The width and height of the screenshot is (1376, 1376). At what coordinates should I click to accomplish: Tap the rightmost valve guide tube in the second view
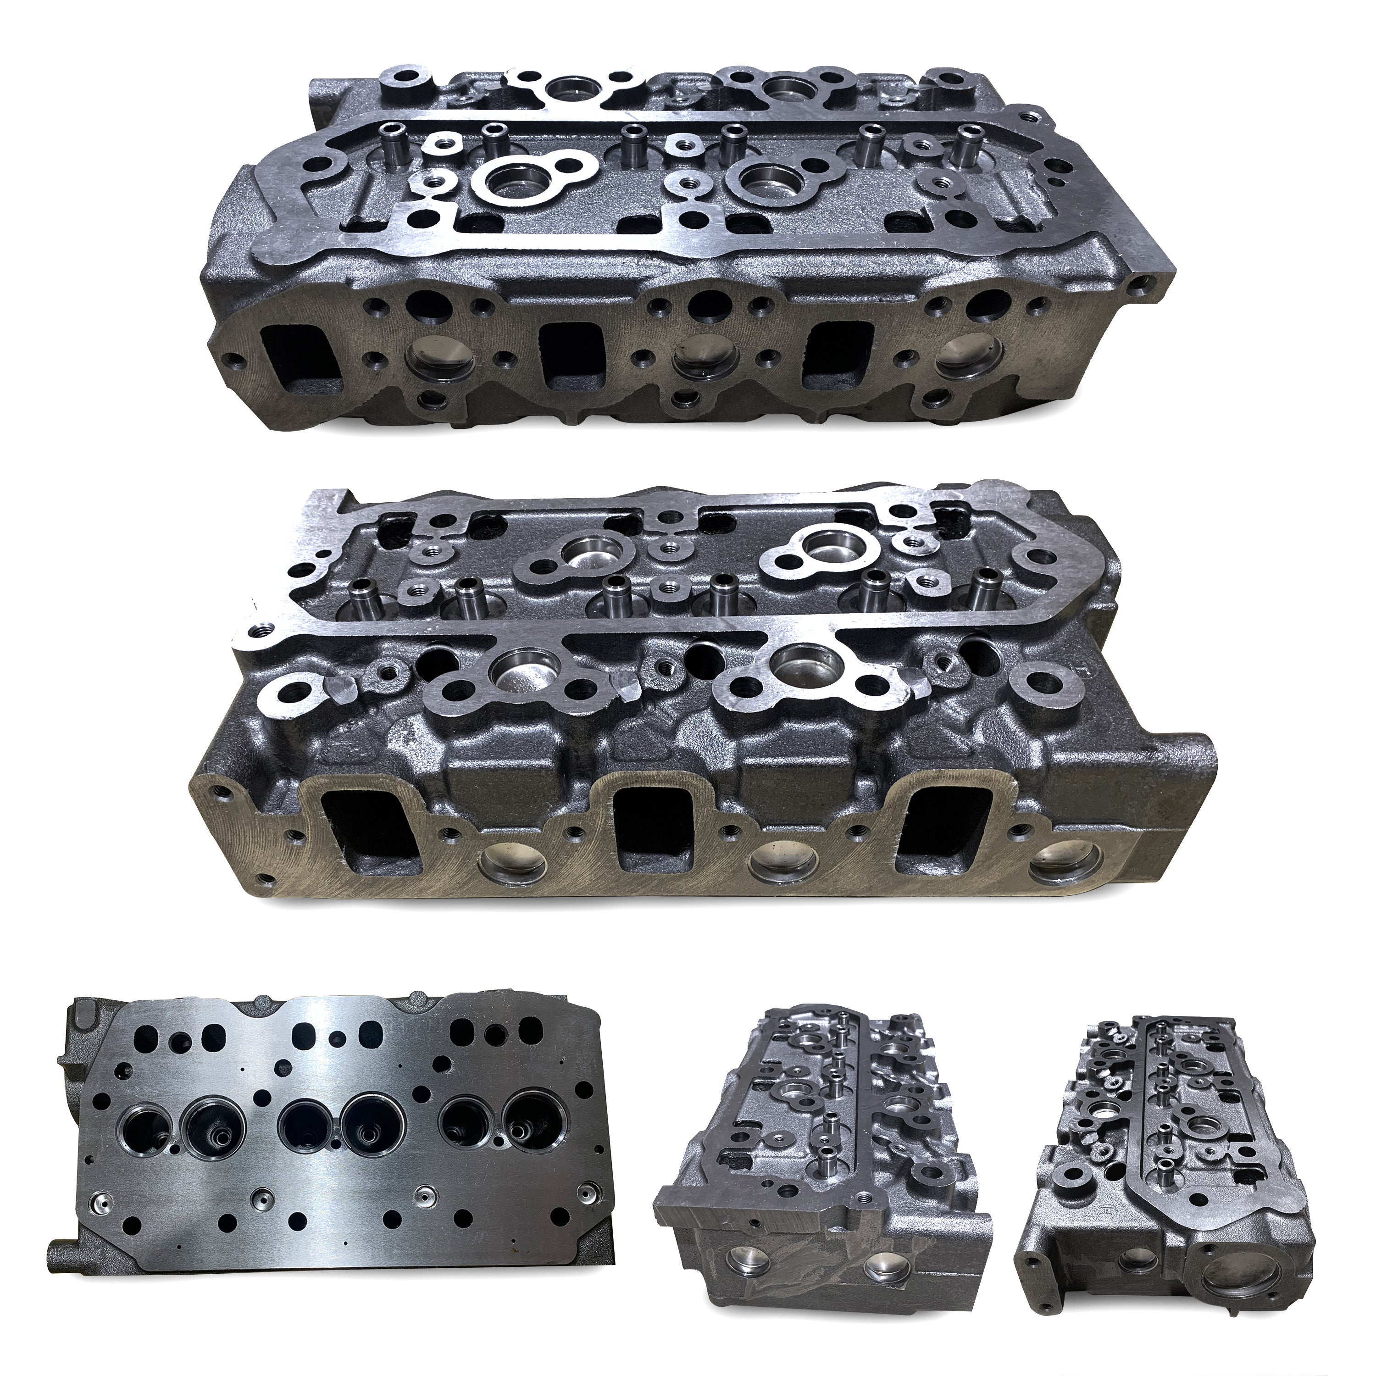point(985,569)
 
